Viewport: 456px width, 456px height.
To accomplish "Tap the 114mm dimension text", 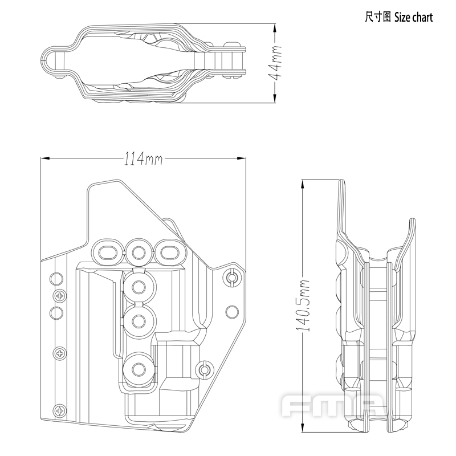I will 143,160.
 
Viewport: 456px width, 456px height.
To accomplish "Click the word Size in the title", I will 402,17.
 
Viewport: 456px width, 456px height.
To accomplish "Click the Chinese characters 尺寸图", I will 378,17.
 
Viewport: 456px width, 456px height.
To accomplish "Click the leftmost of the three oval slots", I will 108,251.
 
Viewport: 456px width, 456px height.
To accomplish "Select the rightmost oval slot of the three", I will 168,251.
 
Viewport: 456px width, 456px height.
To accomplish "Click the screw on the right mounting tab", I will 231,278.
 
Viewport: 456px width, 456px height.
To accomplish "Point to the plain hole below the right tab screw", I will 231,312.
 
